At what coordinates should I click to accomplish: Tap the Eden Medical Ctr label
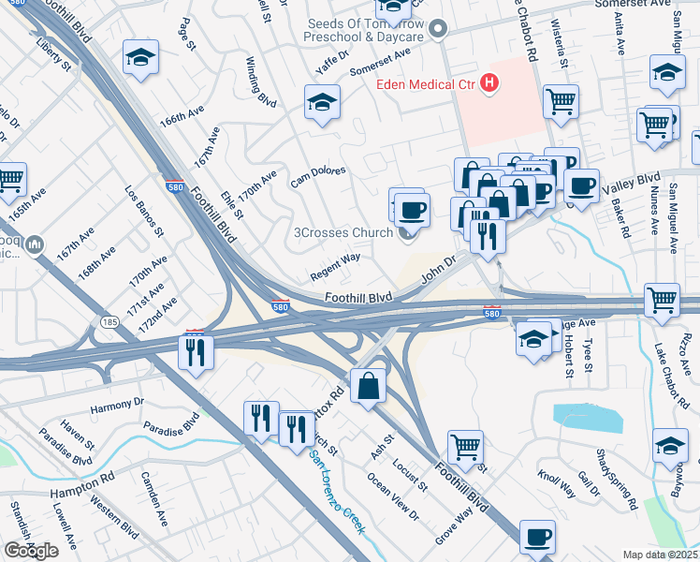click(x=426, y=85)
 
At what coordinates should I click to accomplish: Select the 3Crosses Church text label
click(x=343, y=232)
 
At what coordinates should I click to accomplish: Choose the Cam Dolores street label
click(x=318, y=176)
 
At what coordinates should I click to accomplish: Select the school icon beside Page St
click(x=140, y=59)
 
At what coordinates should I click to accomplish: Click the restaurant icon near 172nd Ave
click(x=196, y=352)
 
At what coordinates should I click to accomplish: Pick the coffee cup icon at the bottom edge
click(x=537, y=538)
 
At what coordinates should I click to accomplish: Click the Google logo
click(x=31, y=551)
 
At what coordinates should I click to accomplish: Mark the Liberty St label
click(x=53, y=55)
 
